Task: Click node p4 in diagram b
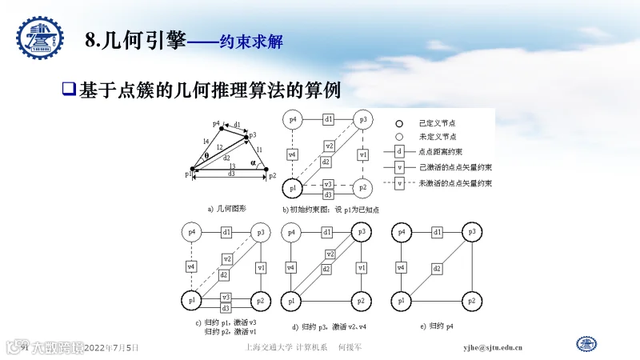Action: pyautogui.click(x=292, y=119)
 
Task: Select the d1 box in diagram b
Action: pyautogui.click(x=328, y=119)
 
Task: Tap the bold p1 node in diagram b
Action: pyautogui.click(x=292, y=188)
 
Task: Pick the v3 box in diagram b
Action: pyautogui.click(x=328, y=184)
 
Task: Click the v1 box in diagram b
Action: pyautogui.click(x=363, y=154)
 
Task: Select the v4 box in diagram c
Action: pyautogui.click(x=190, y=266)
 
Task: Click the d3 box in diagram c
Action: pyautogui.click(x=226, y=308)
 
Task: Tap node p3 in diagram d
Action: pyautogui.click(x=362, y=232)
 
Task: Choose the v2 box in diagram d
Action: pyautogui.click(x=327, y=254)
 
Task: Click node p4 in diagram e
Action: pyautogui.click(x=402, y=232)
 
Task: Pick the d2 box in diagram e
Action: pyautogui.click(x=437, y=269)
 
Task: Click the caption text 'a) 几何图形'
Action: pyautogui.click(x=226, y=209)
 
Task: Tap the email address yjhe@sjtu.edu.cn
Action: pyautogui.click(x=494, y=348)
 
